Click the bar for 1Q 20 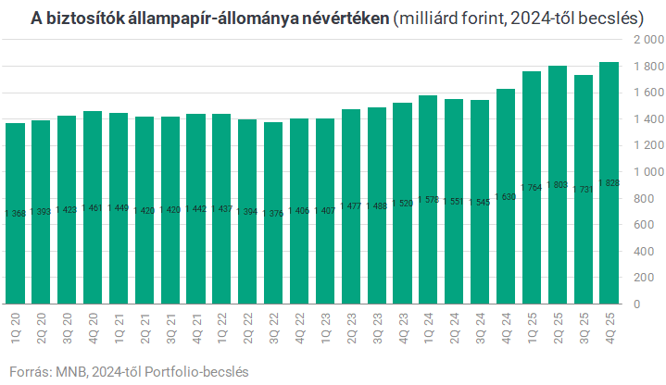point(15,213)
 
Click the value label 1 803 point(558,186)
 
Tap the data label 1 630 point(506,197)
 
